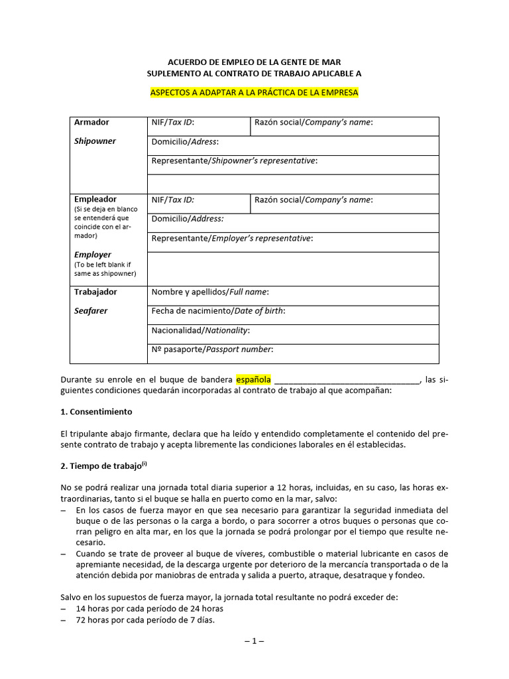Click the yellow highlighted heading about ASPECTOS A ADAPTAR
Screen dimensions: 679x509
(x=254, y=92)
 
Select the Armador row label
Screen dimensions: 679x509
(x=91, y=123)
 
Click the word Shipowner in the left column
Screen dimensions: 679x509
(x=95, y=141)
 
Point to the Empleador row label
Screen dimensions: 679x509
(x=95, y=200)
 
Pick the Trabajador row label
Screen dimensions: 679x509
(x=95, y=292)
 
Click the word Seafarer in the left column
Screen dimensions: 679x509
(x=91, y=310)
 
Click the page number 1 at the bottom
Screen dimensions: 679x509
(x=254, y=641)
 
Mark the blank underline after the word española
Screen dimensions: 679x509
(x=347, y=381)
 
